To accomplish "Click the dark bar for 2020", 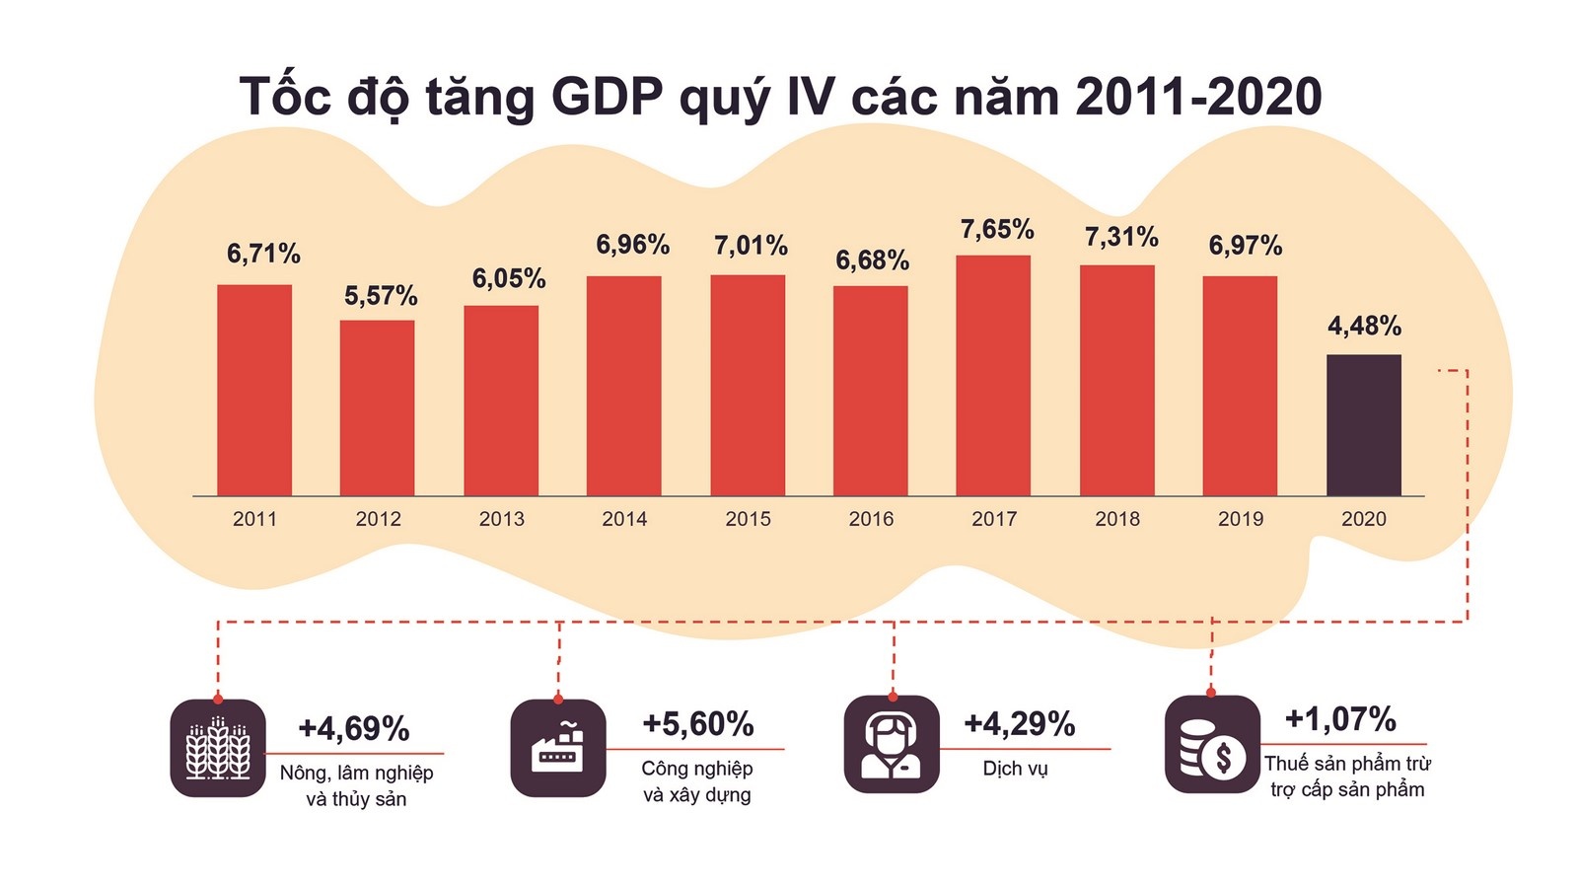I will [1363, 425].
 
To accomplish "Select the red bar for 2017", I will [993, 376].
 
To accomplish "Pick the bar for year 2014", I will [623, 386].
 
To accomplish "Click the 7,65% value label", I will [997, 230].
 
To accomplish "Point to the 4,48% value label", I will [1364, 326].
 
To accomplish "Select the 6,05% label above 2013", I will [509, 279].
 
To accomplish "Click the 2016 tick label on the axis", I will [871, 519].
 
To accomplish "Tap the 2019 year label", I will [1240, 519].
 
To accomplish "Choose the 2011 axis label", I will [254, 519].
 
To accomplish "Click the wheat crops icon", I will [218, 748].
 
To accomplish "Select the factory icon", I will [558, 748].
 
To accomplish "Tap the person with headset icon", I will [892, 744].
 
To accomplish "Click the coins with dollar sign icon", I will [1212, 744].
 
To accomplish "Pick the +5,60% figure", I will [697, 725].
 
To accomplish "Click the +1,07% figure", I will [1340, 719].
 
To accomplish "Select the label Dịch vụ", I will [1015, 769].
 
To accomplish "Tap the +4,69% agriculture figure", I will [354, 729].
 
